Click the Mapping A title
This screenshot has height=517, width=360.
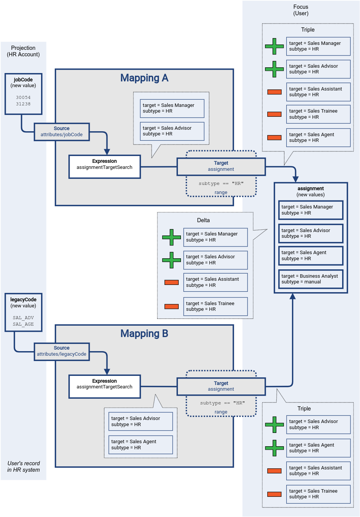click(144, 78)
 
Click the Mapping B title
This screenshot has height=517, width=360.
click(144, 334)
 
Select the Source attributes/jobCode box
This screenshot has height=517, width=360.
click(62, 132)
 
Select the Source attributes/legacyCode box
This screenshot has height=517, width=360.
click(62, 351)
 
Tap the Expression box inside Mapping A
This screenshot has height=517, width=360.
click(105, 167)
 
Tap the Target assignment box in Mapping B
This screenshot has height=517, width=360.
click(221, 386)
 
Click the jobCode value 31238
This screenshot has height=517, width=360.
click(23, 104)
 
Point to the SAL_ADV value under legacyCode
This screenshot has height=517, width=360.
click(23, 318)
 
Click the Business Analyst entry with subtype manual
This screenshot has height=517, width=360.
click(311, 279)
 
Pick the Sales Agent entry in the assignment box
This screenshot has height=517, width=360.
click(311, 256)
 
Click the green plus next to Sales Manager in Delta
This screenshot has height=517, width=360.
click(171, 237)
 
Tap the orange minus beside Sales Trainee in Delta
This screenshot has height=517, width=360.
click(171, 307)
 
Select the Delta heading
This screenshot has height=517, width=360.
click(203, 220)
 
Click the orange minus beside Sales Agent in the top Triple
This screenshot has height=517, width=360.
click(274, 138)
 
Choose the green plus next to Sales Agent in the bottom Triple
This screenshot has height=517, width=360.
click(274, 448)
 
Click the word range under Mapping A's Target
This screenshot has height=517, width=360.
click(221, 192)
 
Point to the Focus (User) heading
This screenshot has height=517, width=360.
click(301, 10)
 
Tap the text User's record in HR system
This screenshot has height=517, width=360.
click(24, 466)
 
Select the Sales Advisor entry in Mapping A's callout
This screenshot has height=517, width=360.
click(172, 131)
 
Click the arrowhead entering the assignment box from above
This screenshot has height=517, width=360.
click(295, 179)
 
